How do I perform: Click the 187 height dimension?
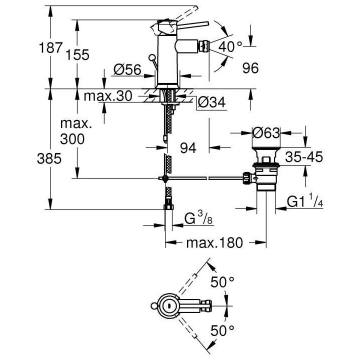tap(51, 49)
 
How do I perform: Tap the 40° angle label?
tap(231, 47)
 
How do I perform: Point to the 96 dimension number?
tap(248, 68)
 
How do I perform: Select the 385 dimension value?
tap(50, 159)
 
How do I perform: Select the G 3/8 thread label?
tap(196, 219)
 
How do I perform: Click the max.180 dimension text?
tap(214, 243)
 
